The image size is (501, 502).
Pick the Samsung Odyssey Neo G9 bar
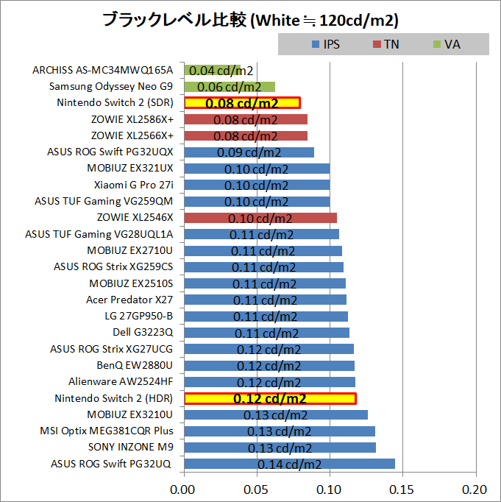click(x=229, y=87)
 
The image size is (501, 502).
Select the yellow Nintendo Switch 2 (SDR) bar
click(x=242, y=103)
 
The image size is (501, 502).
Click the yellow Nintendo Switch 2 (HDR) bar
click(x=269, y=398)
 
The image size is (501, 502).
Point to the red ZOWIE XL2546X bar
click(x=260, y=218)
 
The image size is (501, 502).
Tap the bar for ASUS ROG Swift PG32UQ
click(x=289, y=464)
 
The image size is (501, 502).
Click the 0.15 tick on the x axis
click(x=402, y=489)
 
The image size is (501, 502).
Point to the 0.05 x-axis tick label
click(x=257, y=489)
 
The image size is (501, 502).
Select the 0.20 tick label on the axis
click(x=475, y=489)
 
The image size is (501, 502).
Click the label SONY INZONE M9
click(x=130, y=447)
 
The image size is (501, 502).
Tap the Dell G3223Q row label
click(x=143, y=332)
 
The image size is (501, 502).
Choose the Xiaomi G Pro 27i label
click(x=138, y=185)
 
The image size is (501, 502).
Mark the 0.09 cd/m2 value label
click(x=249, y=152)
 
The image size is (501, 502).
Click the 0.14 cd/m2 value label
click(x=289, y=464)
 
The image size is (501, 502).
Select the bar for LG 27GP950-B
click(x=265, y=316)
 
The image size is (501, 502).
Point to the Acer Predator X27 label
click(x=129, y=300)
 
